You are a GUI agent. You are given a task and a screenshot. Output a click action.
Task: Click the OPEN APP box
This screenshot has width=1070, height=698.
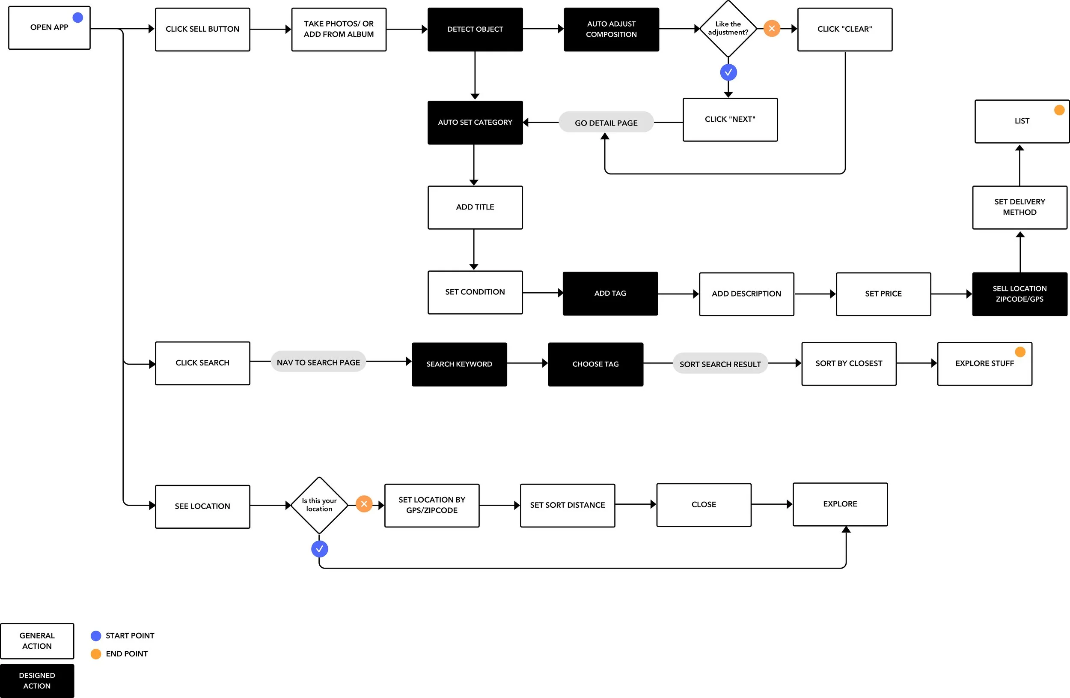(x=50, y=27)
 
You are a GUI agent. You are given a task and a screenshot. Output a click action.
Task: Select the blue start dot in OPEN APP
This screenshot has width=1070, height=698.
(x=78, y=18)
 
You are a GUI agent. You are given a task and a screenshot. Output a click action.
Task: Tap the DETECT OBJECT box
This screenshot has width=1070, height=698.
(x=475, y=29)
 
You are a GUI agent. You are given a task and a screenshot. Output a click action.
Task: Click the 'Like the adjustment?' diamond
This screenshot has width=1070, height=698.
(x=728, y=29)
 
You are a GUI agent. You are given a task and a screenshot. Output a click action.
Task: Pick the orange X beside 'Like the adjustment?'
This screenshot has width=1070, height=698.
(x=772, y=28)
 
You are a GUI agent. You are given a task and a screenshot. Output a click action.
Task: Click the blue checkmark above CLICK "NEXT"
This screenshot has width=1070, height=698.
(x=728, y=72)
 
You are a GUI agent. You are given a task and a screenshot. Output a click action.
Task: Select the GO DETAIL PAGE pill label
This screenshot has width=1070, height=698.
(x=606, y=123)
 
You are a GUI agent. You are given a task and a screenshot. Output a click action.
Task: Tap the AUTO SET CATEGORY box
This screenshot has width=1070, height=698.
(x=475, y=123)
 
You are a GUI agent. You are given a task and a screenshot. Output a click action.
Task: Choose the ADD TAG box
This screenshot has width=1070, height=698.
(x=610, y=294)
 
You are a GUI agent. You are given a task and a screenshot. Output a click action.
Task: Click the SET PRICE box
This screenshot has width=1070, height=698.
(x=883, y=294)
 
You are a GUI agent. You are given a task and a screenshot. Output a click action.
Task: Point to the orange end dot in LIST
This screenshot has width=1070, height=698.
(x=1059, y=110)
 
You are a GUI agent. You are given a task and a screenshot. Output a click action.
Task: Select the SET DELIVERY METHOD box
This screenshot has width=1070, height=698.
(x=1019, y=207)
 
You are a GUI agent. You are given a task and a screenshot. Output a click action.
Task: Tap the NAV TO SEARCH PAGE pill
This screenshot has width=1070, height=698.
(x=318, y=362)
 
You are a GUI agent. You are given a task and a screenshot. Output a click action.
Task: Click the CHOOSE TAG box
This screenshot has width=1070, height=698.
(x=596, y=364)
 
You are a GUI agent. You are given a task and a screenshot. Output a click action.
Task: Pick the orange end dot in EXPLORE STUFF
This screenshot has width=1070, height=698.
(x=1020, y=351)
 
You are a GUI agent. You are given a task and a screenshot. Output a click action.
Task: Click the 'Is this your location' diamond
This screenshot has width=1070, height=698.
(x=319, y=505)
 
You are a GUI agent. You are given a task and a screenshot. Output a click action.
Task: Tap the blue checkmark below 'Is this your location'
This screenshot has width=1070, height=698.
(x=319, y=548)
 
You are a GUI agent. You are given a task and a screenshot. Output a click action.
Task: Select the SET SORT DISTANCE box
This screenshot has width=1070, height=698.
(x=568, y=505)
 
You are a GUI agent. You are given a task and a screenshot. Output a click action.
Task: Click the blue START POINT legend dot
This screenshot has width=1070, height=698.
(x=96, y=635)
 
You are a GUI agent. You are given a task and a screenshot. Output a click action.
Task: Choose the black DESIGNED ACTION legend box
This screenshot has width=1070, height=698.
(x=37, y=681)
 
